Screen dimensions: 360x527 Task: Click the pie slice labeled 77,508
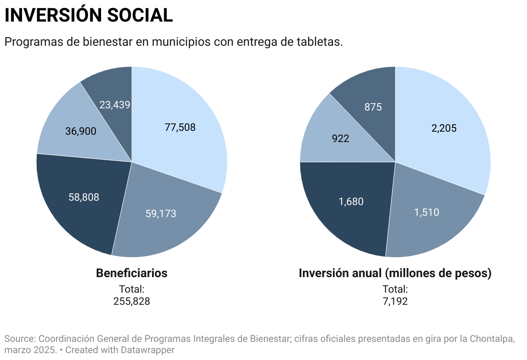[180, 127]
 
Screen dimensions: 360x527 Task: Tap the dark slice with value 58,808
[84, 197]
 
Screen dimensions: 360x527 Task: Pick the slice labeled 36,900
[81, 131]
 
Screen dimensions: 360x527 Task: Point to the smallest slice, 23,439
[115, 104]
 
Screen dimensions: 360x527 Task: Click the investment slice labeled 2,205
[444, 128]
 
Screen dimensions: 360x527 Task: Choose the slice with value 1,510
[426, 212]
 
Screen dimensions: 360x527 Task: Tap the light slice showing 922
[340, 139]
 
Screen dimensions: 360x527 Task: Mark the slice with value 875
[373, 107]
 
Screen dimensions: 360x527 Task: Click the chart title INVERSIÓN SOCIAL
[89, 16]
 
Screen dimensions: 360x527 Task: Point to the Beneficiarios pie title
[131, 273]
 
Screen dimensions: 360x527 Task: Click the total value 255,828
[132, 301]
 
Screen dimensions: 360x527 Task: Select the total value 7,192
[395, 301]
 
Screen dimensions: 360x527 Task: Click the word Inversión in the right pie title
[324, 273]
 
